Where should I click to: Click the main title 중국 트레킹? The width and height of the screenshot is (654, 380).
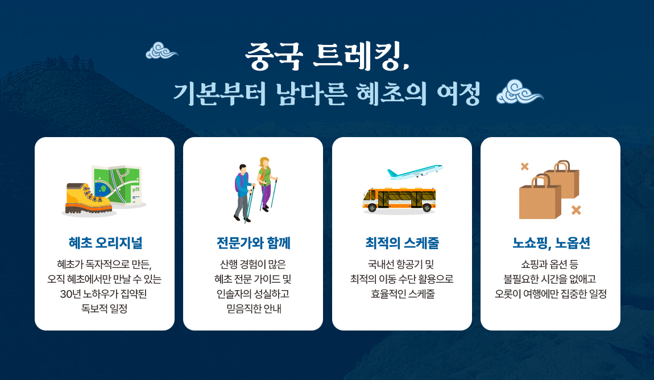click(x=327, y=56)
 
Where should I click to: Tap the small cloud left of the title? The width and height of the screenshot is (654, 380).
click(x=162, y=51)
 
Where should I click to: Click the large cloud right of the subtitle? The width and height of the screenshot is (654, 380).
click(x=520, y=92)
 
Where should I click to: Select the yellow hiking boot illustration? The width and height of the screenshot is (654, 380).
click(x=88, y=199)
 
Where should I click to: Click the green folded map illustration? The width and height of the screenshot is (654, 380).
click(x=119, y=185)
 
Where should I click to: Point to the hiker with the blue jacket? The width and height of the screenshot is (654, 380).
click(x=243, y=192)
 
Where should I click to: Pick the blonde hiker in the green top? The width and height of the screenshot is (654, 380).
click(x=266, y=184)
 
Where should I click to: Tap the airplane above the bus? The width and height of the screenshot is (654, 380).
click(x=415, y=171)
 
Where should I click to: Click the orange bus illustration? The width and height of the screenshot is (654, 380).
click(x=399, y=200)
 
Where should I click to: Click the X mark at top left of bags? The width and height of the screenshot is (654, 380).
click(x=525, y=167)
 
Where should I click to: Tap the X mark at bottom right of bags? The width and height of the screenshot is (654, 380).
click(x=576, y=210)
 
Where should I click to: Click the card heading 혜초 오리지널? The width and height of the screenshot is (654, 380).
click(x=106, y=243)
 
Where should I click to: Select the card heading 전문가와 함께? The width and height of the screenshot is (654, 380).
click(x=254, y=243)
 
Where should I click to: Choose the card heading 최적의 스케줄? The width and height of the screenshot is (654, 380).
click(x=402, y=243)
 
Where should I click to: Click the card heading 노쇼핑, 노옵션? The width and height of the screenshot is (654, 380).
click(x=551, y=243)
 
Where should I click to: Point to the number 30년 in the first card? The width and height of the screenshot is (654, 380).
click(x=71, y=294)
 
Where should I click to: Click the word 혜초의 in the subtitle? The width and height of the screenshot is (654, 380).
click(x=391, y=93)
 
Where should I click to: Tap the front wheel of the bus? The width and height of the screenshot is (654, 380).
click(x=372, y=208)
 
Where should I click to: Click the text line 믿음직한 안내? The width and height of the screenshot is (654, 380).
click(x=254, y=309)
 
